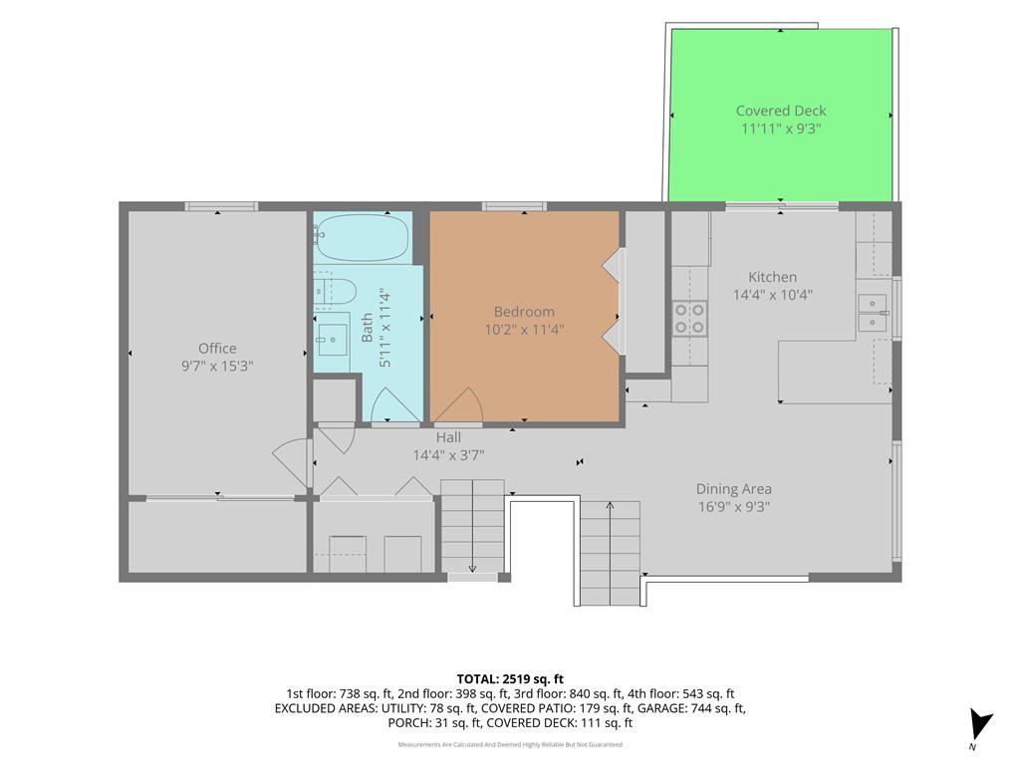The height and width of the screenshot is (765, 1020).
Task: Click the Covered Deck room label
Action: pos(781,111)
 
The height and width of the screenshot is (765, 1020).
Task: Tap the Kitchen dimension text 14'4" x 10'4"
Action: pos(772,295)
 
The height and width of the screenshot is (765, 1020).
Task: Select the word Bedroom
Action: pos(524,312)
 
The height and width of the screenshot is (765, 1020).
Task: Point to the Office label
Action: pos(217,348)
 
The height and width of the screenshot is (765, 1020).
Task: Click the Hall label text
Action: pos(448,437)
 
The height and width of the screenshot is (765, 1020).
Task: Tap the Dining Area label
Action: pos(734,489)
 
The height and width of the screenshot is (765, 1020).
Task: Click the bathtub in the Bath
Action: pos(363,237)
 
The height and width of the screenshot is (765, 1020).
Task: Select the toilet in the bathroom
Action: pos(335,292)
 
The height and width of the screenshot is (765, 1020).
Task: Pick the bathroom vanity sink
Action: pos(333,339)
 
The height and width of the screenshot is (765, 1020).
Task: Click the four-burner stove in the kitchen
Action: pos(690,318)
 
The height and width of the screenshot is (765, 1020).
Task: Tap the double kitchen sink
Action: pos(873,313)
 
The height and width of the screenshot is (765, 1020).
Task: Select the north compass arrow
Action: pos(980,726)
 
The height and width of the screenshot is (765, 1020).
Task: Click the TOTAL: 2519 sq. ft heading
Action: pos(509,679)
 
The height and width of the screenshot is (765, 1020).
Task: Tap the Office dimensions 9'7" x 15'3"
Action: pos(217,367)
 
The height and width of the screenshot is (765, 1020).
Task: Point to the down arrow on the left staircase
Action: pos(472,527)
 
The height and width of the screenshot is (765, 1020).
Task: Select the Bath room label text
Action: pos(367,327)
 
